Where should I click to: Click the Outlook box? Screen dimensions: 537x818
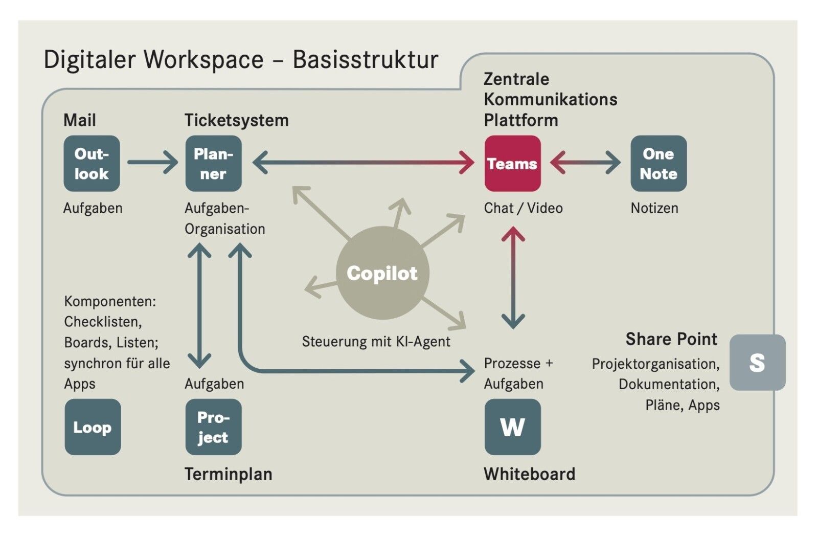pyautogui.click(x=92, y=164)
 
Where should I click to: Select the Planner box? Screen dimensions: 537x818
pyautogui.click(x=213, y=164)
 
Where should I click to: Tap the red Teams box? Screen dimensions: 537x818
pyautogui.click(x=512, y=164)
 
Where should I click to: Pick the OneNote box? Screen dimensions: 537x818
pyautogui.click(x=658, y=164)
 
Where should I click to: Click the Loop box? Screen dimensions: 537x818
pyautogui.click(x=93, y=427)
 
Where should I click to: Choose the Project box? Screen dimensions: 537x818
pyautogui.click(x=213, y=427)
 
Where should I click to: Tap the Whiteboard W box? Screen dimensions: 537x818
pyautogui.click(x=512, y=427)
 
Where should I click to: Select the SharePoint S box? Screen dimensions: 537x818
pyautogui.click(x=757, y=363)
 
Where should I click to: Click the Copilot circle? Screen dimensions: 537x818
pyautogui.click(x=382, y=273)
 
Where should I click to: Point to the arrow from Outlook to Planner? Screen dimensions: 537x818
pyautogui.click(x=152, y=163)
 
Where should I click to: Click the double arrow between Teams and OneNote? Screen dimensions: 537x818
pyautogui.click(x=585, y=163)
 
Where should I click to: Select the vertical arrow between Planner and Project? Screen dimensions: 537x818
pyautogui.click(x=199, y=306)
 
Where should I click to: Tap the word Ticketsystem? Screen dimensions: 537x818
pyautogui.click(x=236, y=120)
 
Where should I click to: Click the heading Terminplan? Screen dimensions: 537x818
pyautogui.click(x=228, y=474)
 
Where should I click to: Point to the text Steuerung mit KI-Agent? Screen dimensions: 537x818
pyautogui.click(x=376, y=342)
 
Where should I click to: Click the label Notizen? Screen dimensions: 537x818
pyautogui.click(x=654, y=208)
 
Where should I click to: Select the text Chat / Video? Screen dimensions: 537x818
pyautogui.click(x=523, y=208)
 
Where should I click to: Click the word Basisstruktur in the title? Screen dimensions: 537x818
pyautogui.click(x=365, y=59)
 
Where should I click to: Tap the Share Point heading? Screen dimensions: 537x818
pyautogui.click(x=671, y=339)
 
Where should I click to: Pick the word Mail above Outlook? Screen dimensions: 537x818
pyautogui.click(x=79, y=120)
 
